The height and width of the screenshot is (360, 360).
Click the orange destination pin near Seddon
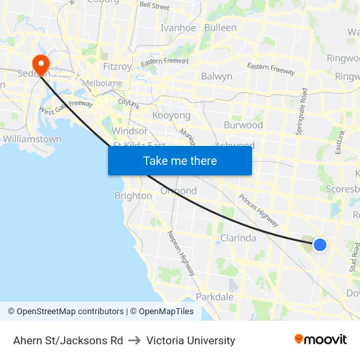click(41, 64)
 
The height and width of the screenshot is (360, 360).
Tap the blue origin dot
click(319, 244)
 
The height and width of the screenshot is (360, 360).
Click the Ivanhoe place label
click(178, 27)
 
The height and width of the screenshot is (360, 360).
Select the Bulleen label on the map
click(220, 27)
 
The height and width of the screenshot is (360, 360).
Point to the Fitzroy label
click(118, 66)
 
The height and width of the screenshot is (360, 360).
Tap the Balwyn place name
click(217, 76)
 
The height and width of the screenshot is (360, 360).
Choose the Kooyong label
click(171, 115)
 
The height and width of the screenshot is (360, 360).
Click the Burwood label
click(243, 124)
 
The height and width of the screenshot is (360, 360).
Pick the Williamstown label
click(32, 139)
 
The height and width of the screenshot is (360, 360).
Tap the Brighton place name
click(134, 196)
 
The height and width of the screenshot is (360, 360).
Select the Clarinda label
click(238, 238)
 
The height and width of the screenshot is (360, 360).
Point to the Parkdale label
click(215, 297)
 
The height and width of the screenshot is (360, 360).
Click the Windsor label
click(130, 131)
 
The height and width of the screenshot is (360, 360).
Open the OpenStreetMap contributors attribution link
click(66, 312)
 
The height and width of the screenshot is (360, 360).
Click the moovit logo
click(321, 340)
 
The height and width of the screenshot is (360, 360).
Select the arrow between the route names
click(135, 340)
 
